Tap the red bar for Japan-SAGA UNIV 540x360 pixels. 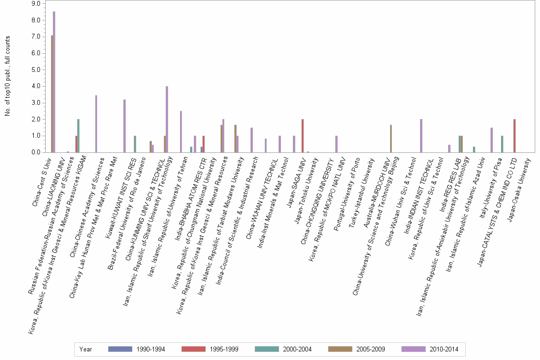pyautogui.click(x=302, y=136)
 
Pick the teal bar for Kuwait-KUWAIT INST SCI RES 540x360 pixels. pyautogui.click(x=135, y=144)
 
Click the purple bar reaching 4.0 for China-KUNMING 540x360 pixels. pyautogui.click(x=167, y=119)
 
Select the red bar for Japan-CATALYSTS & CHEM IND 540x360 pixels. pyautogui.click(x=514, y=136)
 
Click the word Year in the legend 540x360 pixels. pyautogui.click(x=86, y=350)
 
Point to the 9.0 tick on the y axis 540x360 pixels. pyautogui.click(x=36, y=4)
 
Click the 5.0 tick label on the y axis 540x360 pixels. pyautogui.click(x=36, y=70)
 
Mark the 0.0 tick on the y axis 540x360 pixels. pyautogui.click(x=36, y=152)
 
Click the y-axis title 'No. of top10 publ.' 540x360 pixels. pyautogui.click(x=7, y=76)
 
